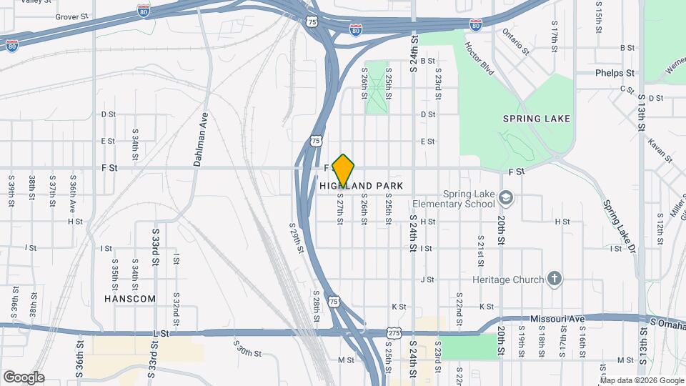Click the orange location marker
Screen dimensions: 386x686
[344, 170]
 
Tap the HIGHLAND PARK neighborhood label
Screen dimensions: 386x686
[362, 186]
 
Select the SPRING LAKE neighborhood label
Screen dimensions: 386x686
[537, 119]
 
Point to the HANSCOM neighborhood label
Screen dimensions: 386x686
[129, 298]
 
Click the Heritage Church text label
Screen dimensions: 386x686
[508, 279]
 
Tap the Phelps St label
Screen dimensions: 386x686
[615, 73]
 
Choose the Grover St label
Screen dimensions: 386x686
[71, 16]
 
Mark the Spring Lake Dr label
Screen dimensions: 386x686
[619, 227]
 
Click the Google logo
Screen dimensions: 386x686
[24, 377]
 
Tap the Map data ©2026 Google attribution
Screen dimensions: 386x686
[640, 380]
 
